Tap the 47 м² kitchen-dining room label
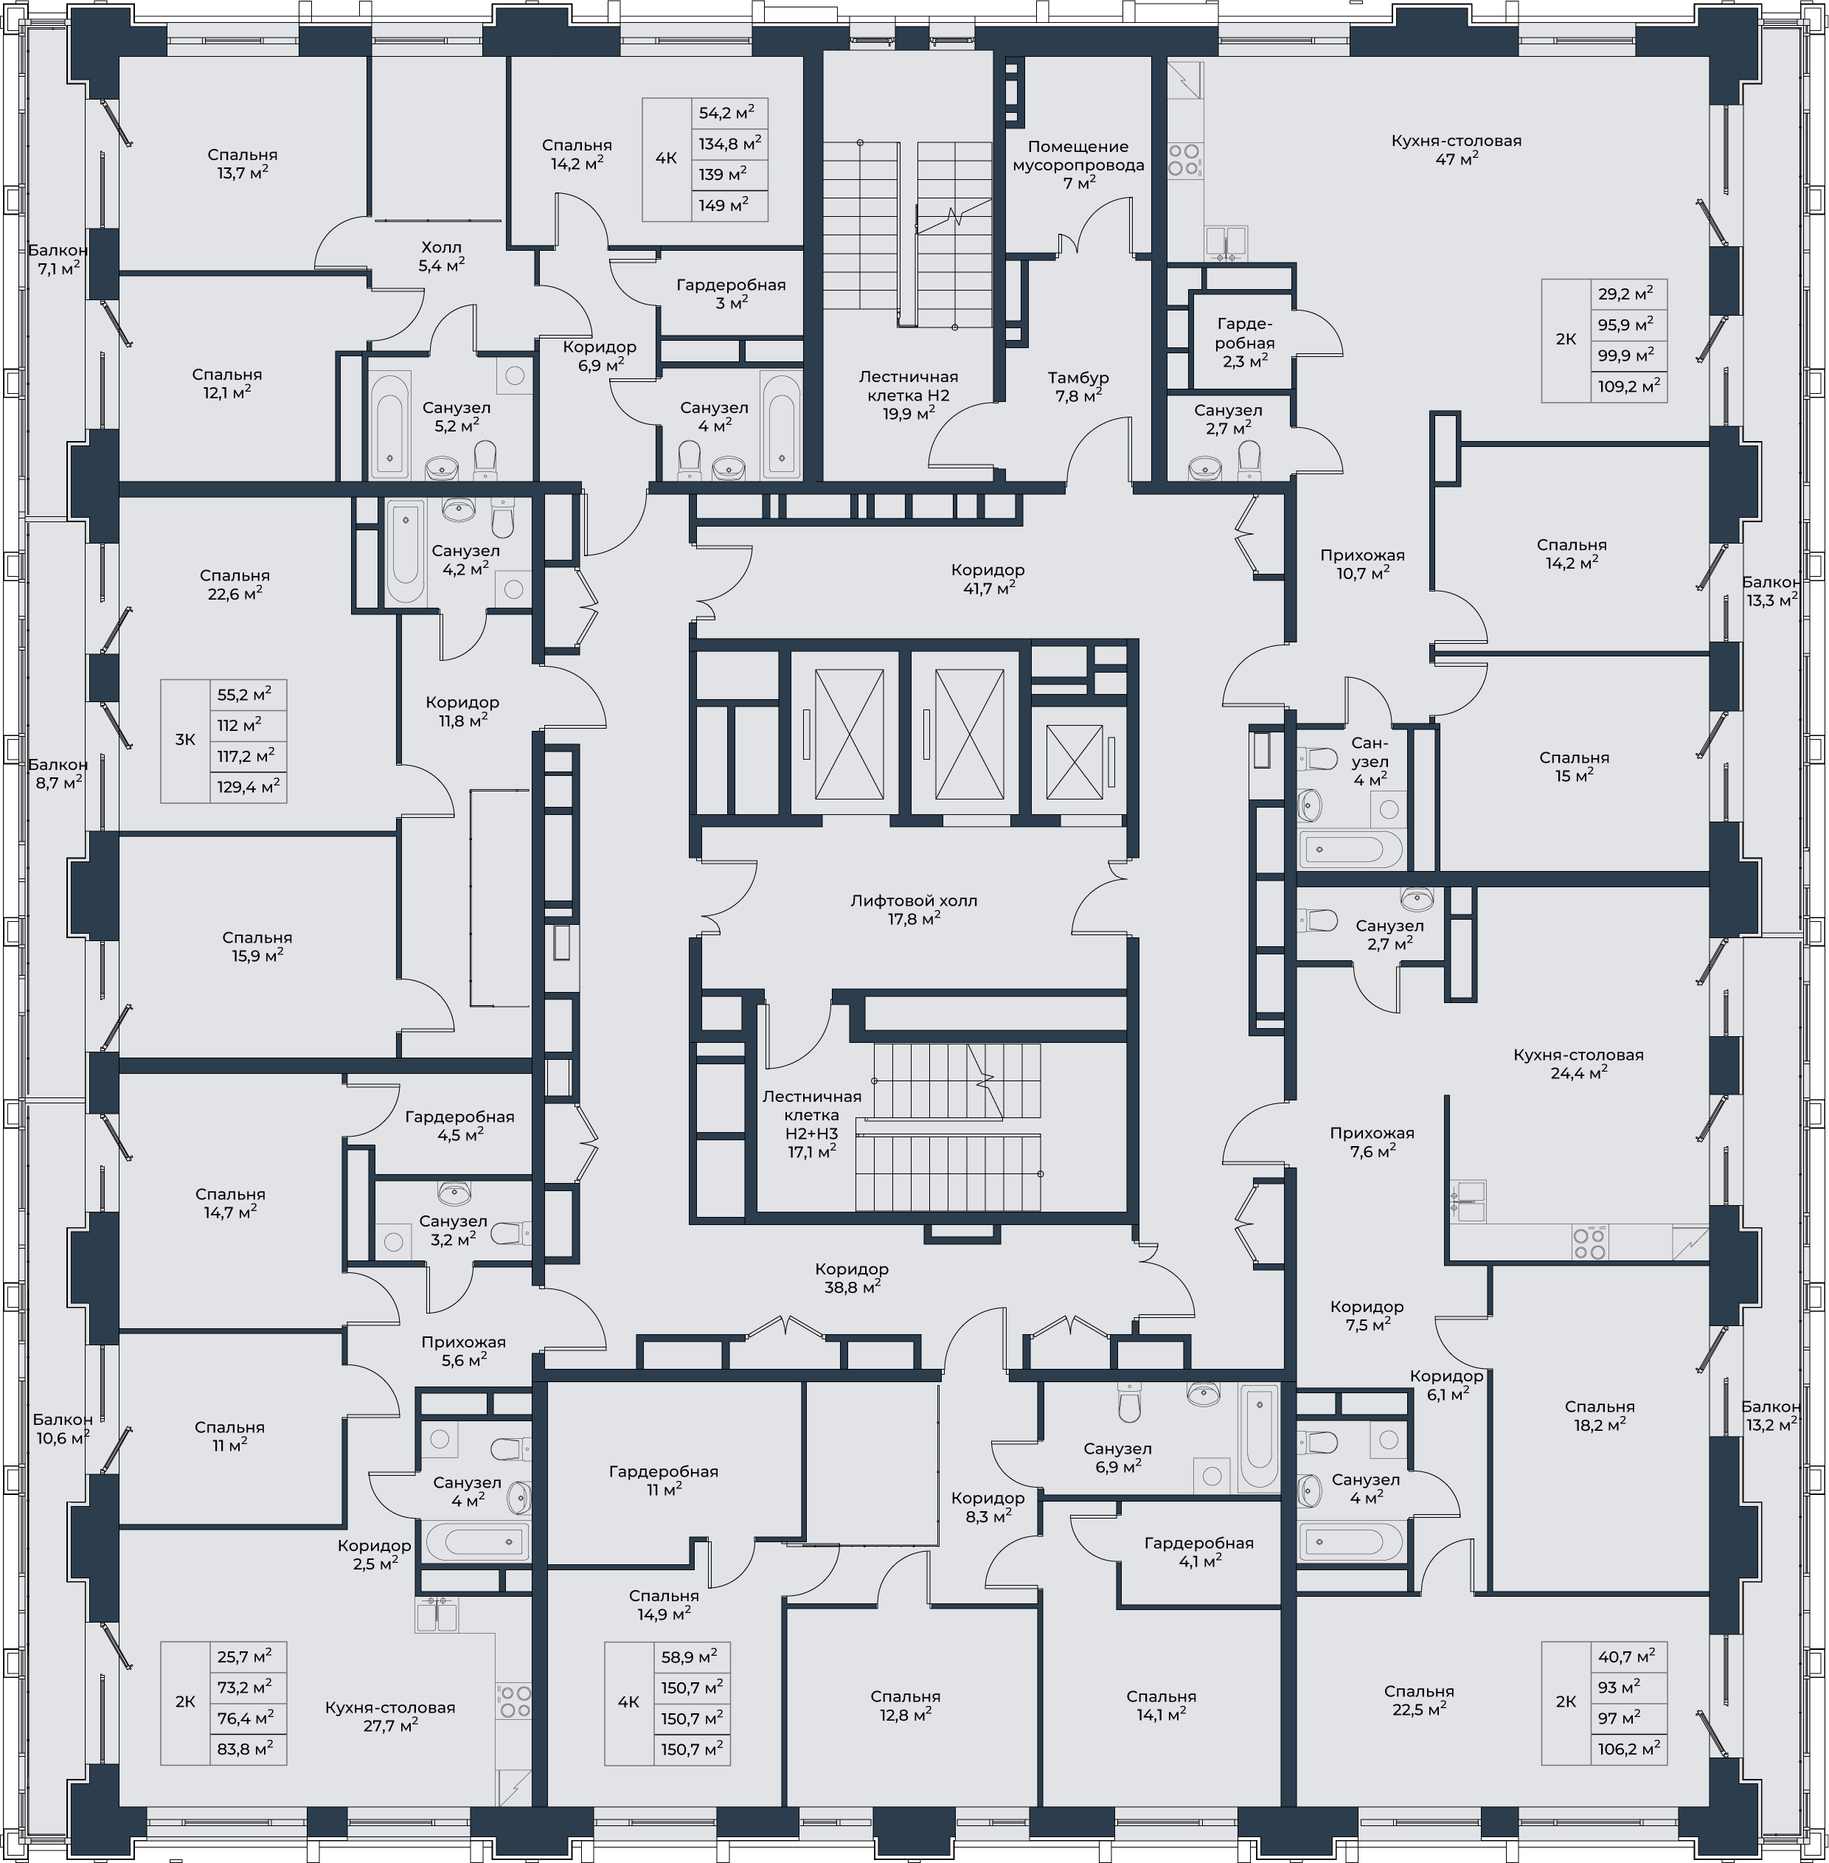(x=1457, y=149)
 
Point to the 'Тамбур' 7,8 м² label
(x=1077, y=386)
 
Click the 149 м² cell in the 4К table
(x=729, y=204)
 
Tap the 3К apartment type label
(x=184, y=740)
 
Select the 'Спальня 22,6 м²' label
(x=235, y=584)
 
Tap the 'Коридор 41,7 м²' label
(x=988, y=578)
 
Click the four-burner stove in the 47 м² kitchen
(x=1185, y=159)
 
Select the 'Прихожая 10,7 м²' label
(x=1362, y=564)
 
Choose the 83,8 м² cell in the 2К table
(x=248, y=1749)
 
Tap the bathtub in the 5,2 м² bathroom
(x=389, y=426)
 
